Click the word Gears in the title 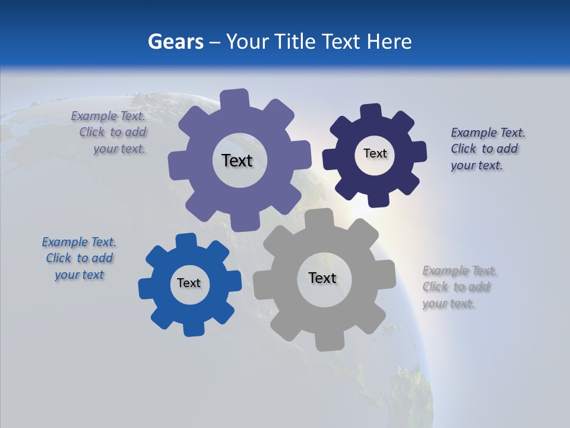(x=175, y=42)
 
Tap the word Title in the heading (x=297, y=42)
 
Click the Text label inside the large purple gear (x=237, y=160)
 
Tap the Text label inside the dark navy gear (x=375, y=153)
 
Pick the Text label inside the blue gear (x=189, y=283)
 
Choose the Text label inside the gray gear (x=322, y=278)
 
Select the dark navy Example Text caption (x=487, y=149)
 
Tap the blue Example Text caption (x=79, y=259)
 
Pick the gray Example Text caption (x=458, y=287)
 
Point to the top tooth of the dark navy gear (x=372, y=111)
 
